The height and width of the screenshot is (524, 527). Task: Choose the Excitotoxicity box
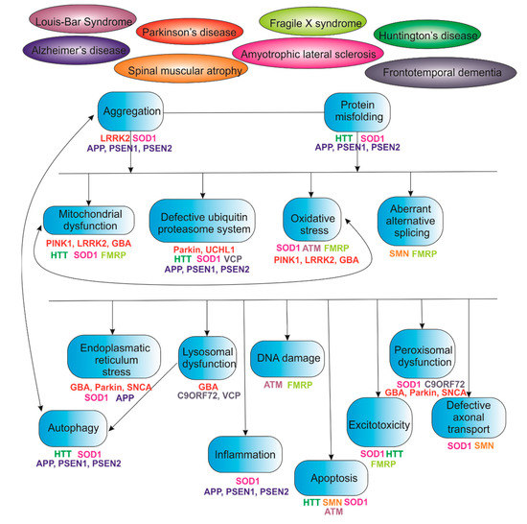(379, 425)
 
